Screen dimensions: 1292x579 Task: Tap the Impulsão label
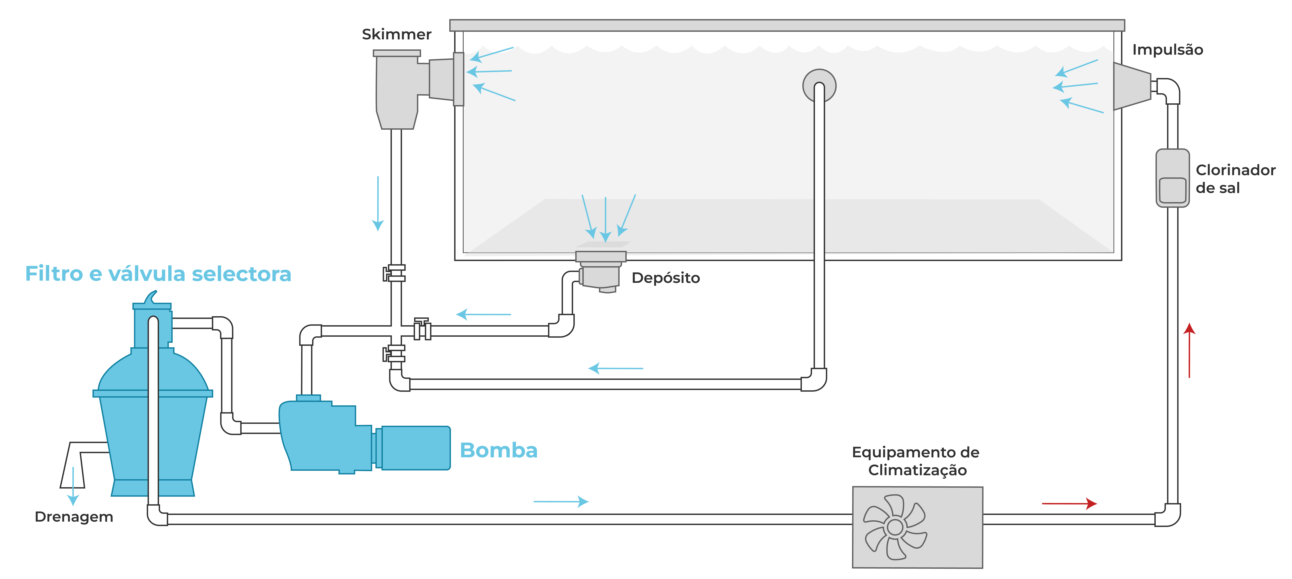(x=1168, y=50)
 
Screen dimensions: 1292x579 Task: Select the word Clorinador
(x=1235, y=170)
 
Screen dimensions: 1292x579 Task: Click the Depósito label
(x=666, y=278)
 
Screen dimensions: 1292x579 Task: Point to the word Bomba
(x=498, y=450)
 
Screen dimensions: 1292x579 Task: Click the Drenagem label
(x=74, y=517)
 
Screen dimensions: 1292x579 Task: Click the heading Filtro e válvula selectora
(x=158, y=274)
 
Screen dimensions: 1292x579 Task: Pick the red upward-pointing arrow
(x=1189, y=350)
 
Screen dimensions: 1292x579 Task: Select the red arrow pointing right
(x=1069, y=503)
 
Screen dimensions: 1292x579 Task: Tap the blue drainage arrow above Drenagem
(x=73, y=486)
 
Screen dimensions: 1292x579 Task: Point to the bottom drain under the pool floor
(x=600, y=271)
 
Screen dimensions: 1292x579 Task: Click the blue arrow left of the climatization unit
(x=561, y=501)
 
